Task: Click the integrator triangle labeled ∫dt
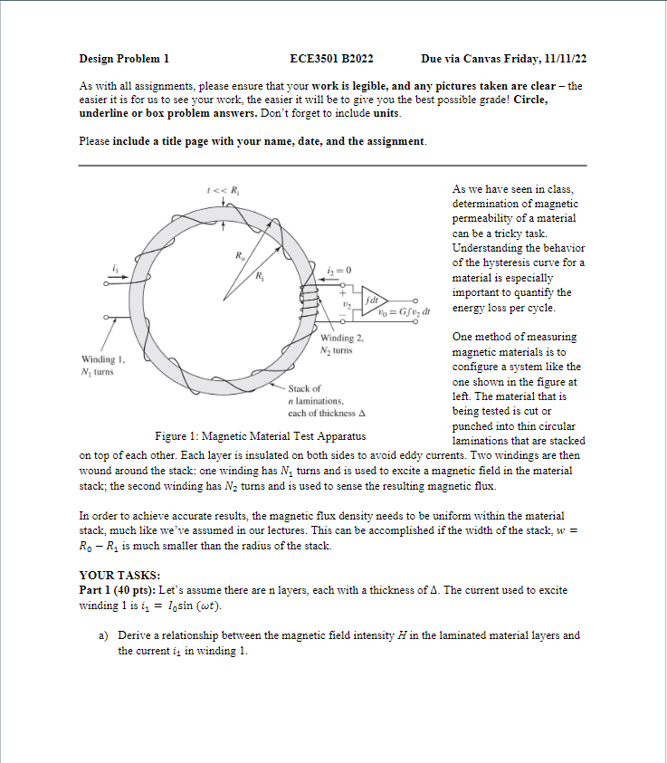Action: pyautogui.click(x=375, y=298)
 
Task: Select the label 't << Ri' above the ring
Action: pyautogui.click(x=222, y=189)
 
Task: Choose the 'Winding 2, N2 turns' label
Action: pyautogui.click(x=340, y=344)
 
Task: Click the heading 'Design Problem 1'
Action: pyautogui.click(x=124, y=59)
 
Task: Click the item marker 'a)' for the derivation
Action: pyautogui.click(x=104, y=635)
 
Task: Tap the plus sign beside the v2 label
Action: pyautogui.click(x=343, y=291)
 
